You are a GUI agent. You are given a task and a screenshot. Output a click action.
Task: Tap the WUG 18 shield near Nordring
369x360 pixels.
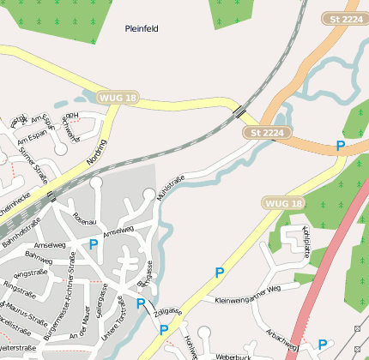coord(118,98)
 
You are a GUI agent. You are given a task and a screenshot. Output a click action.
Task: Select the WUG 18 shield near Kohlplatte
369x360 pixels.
coord(284,203)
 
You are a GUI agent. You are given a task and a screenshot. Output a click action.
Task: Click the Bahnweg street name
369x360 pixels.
coord(39,256)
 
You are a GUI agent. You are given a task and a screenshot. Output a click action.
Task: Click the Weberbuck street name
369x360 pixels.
coord(232,356)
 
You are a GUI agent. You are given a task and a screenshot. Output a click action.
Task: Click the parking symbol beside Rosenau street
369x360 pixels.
coord(94,245)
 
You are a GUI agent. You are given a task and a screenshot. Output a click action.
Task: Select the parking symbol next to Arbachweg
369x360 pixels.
coord(322,344)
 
